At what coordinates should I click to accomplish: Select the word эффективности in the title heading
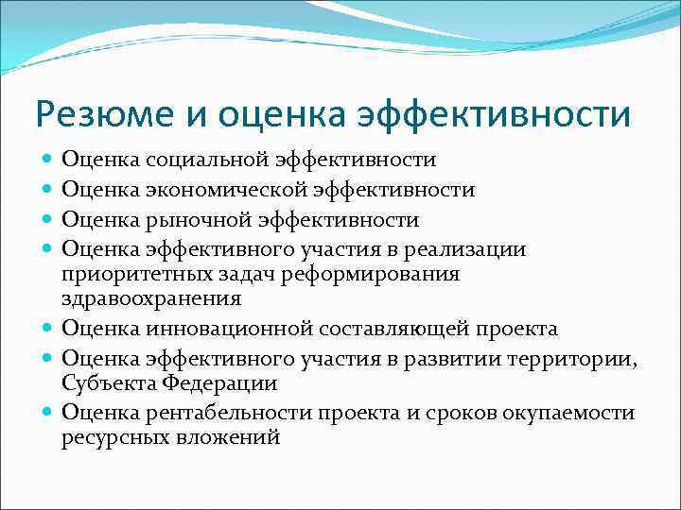pos(495,115)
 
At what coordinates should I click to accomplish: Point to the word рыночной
pos(193,220)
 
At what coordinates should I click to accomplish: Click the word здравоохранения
pos(151,298)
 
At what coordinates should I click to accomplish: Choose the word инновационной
pos(216,329)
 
